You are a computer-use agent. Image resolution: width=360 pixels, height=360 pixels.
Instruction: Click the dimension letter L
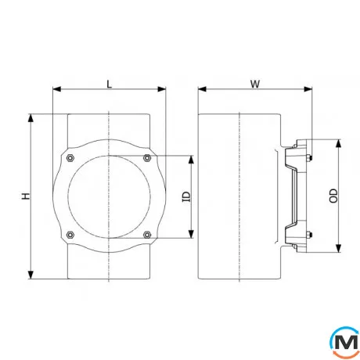110,84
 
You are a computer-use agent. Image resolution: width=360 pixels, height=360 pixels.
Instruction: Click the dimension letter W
255,84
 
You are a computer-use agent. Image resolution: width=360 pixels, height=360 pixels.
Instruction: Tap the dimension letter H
26,196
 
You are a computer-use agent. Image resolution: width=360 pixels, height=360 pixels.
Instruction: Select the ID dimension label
186,196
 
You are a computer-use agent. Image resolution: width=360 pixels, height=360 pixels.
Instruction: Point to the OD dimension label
333,196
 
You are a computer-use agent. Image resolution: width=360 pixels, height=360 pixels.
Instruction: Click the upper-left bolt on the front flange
70,158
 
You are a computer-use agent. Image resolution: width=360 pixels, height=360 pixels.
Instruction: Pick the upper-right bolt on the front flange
147,158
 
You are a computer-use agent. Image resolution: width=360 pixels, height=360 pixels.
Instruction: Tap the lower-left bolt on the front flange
70,235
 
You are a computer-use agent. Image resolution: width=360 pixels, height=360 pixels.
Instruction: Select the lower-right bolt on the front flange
147,235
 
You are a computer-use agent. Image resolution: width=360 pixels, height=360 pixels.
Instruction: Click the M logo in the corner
345,342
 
